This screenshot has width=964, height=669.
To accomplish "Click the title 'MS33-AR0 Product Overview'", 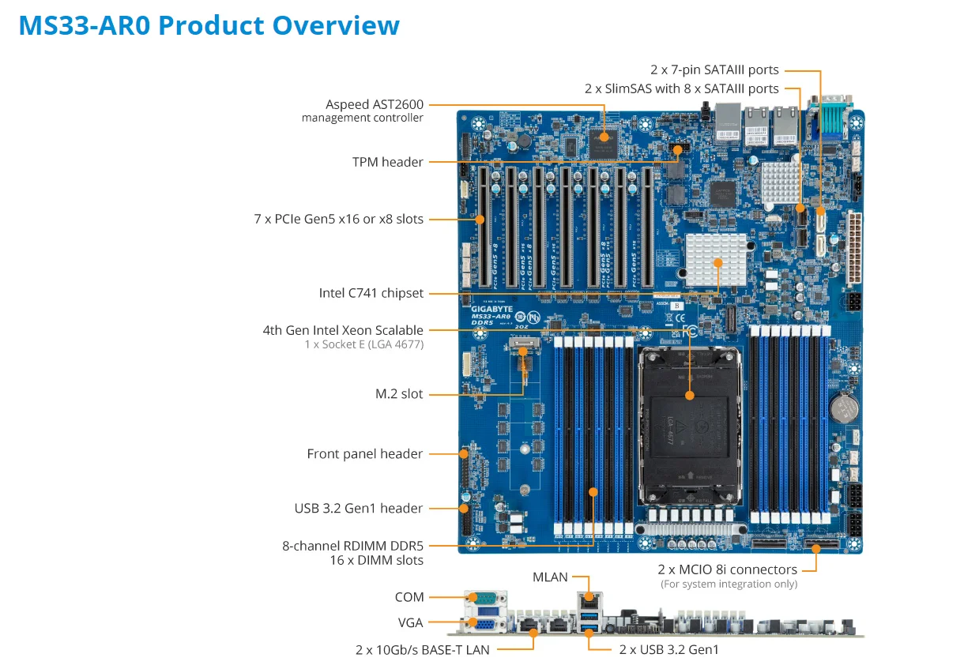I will [x=209, y=25].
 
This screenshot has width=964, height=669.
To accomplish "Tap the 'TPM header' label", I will [x=387, y=162].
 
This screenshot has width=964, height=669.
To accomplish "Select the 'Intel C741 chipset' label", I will [x=371, y=293].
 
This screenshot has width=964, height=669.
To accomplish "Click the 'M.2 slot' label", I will [x=399, y=393].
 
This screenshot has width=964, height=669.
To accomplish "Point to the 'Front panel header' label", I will [x=364, y=454].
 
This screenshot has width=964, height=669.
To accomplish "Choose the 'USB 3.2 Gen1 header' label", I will [x=358, y=509].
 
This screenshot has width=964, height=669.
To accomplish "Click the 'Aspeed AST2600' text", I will [x=375, y=104].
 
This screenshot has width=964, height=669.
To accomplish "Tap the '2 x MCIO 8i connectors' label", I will [x=727, y=569].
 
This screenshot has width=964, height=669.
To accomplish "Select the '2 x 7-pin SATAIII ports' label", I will [x=714, y=70].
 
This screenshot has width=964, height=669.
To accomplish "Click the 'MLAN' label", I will [x=550, y=577].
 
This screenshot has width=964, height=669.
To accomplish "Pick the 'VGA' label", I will [x=410, y=622].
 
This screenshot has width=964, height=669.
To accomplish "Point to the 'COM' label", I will [x=409, y=597].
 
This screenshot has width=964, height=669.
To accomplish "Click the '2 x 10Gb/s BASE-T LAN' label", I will [x=422, y=650].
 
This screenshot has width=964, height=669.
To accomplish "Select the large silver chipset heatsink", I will [x=717, y=259].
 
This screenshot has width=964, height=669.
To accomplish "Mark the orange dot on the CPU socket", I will [x=690, y=395].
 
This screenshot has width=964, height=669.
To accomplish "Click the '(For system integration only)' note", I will [x=729, y=584].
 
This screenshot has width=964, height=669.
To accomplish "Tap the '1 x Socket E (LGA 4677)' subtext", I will [x=363, y=344].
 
